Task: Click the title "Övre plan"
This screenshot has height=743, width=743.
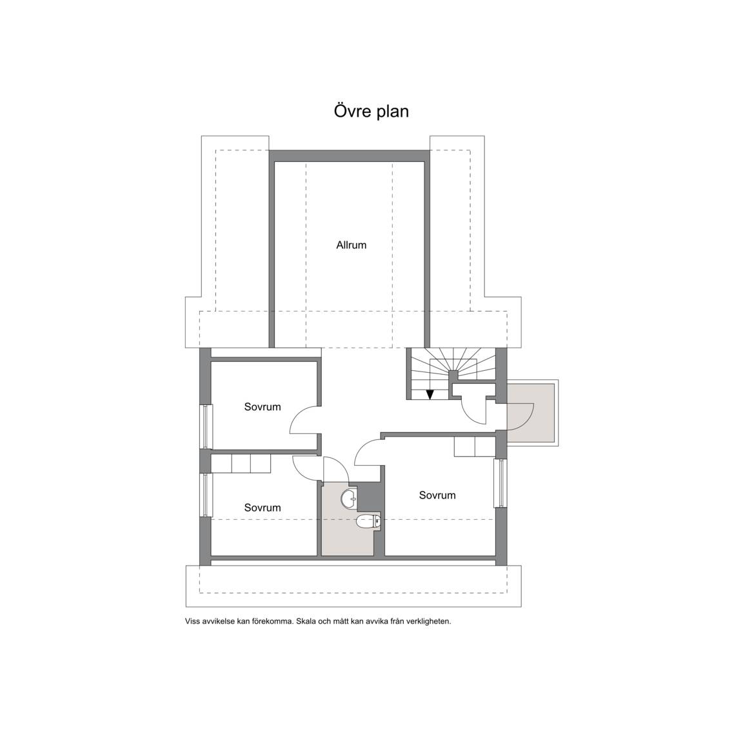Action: pos(371,112)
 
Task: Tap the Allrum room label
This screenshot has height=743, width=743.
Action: pos(351,245)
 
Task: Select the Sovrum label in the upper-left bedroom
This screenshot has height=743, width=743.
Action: pos(263,406)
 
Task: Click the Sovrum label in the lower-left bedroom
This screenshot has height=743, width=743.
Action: pos(263,508)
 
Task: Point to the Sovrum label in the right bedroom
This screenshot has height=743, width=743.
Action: pos(437,495)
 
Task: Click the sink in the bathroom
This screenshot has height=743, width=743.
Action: pos(350,497)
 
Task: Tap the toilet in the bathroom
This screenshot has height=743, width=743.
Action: pos(368,522)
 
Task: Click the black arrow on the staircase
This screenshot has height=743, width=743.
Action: pos(430,394)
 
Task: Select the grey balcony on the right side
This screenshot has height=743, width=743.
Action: pos(531,413)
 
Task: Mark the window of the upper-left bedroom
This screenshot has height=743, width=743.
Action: pos(206,426)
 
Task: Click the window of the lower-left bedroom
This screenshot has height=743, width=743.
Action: pos(206,495)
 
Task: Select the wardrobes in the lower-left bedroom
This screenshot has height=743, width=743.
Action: pos(241,464)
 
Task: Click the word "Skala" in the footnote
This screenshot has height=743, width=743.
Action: pos(306,621)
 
